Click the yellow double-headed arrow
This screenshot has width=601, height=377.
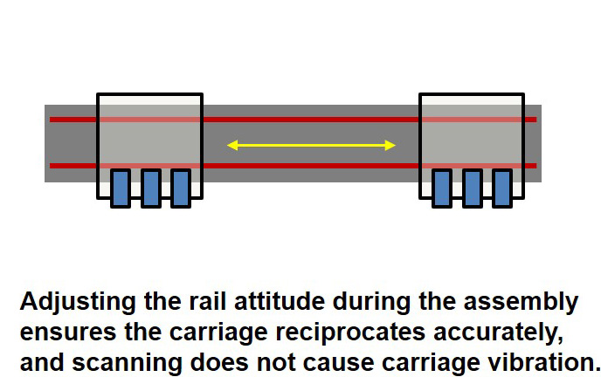click(x=311, y=145)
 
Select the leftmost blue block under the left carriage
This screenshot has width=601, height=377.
click(x=121, y=188)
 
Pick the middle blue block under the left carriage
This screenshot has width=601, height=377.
click(x=150, y=188)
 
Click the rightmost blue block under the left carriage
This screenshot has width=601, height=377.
click(x=180, y=188)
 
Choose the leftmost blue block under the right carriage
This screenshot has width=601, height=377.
click(x=442, y=188)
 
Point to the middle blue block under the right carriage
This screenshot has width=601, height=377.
click(x=472, y=188)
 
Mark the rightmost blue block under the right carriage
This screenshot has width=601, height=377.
click(x=501, y=188)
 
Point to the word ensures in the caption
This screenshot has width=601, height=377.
click(x=58, y=332)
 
